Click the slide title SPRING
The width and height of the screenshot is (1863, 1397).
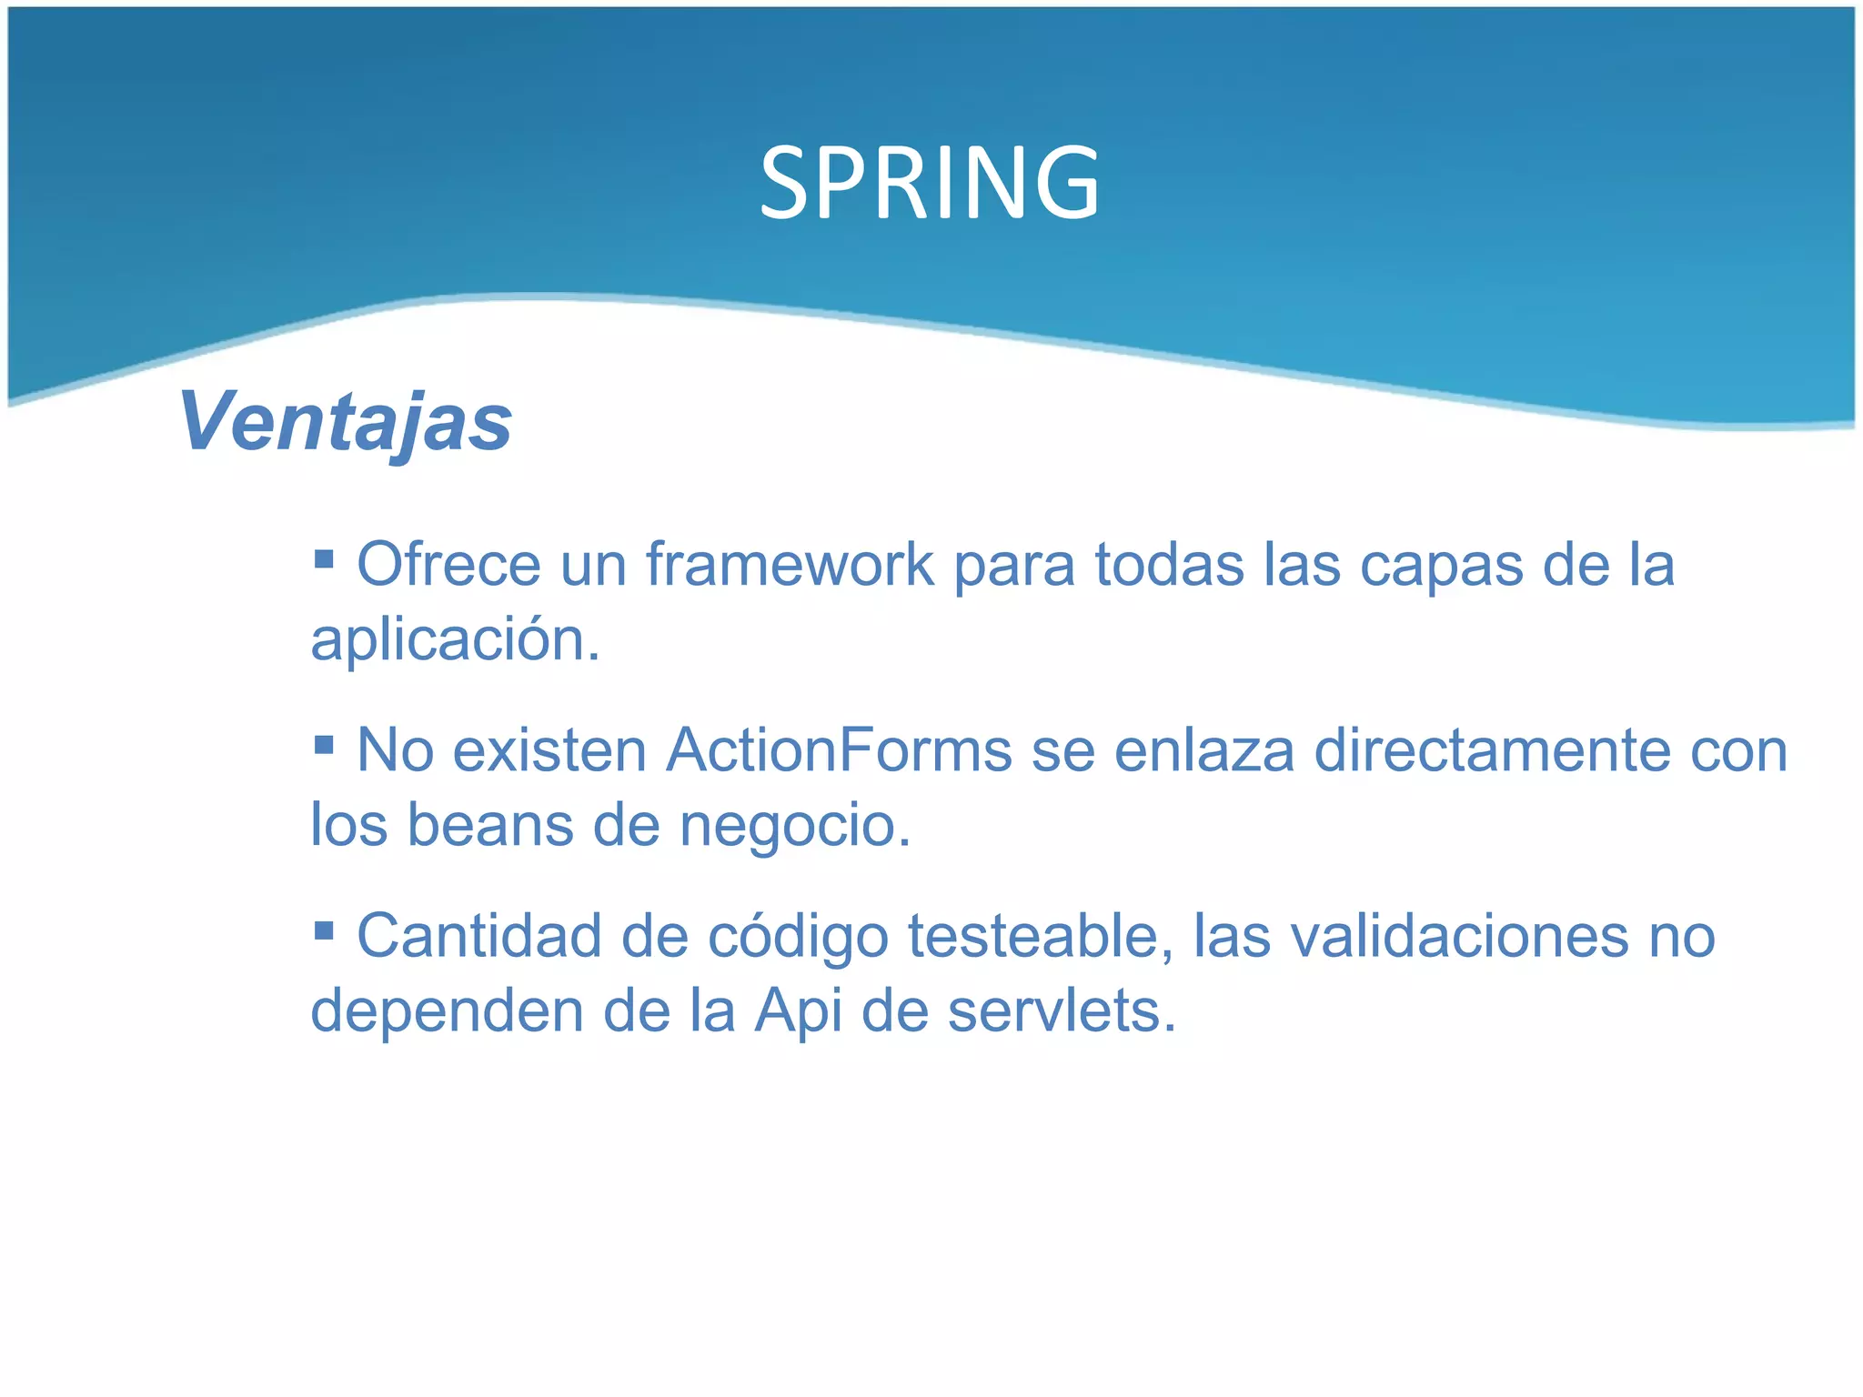[x=930, y=185]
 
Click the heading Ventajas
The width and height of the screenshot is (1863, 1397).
[x=346, y=421]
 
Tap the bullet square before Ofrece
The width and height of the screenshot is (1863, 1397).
[x=324, y=557]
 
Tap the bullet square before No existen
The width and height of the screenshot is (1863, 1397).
[x=324, y=744]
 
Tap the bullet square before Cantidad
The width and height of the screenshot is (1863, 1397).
[x=324, y=930]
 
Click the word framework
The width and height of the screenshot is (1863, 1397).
[x=790, y=565]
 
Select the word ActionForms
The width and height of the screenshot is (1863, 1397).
[x=839, y=751]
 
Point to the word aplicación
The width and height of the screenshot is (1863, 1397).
[x=455, y=640]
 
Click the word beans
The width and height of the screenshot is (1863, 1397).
[x=489, y=826]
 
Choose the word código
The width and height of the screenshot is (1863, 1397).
[x=798, y=937]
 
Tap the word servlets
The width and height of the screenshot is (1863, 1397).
[x=1062, y=1011]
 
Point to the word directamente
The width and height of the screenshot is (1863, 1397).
[x=1492, y=751]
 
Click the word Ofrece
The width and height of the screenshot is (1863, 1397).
[x=448, y=565]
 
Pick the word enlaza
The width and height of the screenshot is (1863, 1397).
[x=1203, y=751]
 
